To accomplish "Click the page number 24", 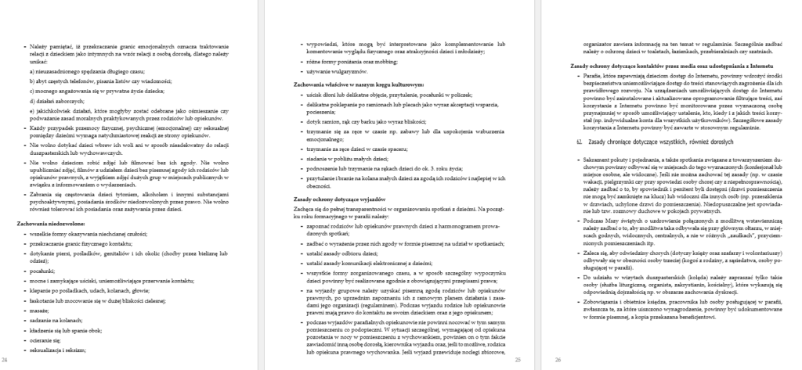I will point(5,359).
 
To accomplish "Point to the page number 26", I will point(557,359).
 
